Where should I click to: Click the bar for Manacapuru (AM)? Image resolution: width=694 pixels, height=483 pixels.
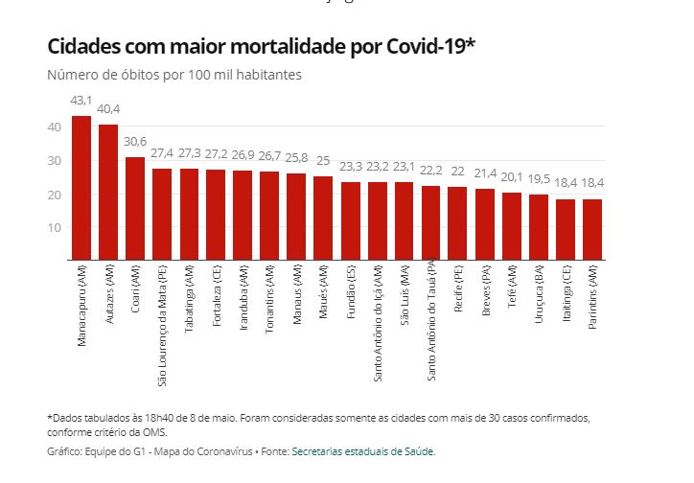pos(81,188)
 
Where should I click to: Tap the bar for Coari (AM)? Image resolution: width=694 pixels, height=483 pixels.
pos(135,208)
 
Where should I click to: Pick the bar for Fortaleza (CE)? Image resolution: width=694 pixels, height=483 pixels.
pos(216,214)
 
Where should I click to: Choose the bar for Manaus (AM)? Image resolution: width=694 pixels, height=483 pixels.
pos(296,217)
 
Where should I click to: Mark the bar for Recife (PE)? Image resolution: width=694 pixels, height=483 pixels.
pos(458,222)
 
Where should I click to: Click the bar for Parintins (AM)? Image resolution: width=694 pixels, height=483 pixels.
pos(592,229)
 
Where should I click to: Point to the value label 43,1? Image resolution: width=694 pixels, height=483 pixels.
pos(81,100)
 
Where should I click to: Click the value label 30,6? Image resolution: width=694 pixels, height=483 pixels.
pos(135,141)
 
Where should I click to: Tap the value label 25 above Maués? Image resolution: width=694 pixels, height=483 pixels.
pos(323,160)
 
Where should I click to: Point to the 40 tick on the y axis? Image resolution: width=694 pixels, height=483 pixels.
pos(54,126)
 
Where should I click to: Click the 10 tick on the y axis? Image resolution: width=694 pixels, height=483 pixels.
pos(54,227)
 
